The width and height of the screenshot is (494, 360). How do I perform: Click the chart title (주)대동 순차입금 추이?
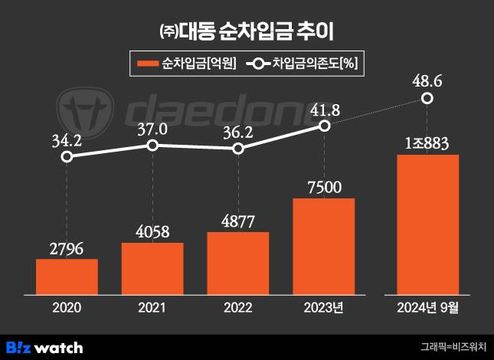[x=247, y=32]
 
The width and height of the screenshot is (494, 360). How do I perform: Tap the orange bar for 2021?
[x=152, y=269]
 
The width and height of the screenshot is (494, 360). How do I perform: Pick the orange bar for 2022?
[x=238, y=263]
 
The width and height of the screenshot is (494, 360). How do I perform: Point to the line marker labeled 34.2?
[x=67, y=156]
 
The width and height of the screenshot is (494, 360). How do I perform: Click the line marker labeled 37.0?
[x=152, y=145]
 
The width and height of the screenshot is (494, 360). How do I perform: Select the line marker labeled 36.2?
[x=238, y=149]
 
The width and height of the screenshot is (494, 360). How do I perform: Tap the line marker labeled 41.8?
[x=324, y=126]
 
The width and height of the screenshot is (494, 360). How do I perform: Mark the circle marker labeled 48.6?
[x=427, y=98]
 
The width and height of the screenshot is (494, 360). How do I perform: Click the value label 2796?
[x=67, y=248]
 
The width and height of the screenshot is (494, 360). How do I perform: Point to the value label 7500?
[x=324, y=187]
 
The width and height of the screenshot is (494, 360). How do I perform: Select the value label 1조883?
[x=427, y=142]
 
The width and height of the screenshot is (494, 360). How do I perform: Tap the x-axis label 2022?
[x=238, y=308]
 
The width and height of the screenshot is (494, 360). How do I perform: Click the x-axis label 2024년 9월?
[x=427, y=308]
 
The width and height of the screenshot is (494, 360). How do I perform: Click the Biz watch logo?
[x=44, y=347]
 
